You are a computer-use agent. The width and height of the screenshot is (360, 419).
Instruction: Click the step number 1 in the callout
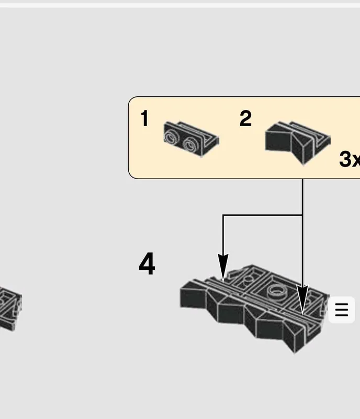(x=144, y=118)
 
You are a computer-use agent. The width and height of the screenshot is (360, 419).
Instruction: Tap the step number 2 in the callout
(x=245, y=118)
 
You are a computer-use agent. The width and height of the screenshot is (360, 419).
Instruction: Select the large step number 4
(x=147, y=263)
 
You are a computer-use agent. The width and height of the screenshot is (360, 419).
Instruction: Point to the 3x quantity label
(x=350, y=159)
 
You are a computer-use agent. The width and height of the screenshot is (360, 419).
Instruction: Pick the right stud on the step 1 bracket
(x=190, y=145)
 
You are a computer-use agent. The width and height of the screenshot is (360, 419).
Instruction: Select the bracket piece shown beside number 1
(x=191, y=139)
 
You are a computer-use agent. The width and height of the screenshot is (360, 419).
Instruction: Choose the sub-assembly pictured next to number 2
(x=298, y=143)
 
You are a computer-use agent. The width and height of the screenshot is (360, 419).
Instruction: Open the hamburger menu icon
(x=342, y=310)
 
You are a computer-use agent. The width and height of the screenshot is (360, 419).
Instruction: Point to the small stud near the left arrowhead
(x=248, y=280)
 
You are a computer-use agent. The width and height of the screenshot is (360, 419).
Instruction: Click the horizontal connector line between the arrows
(x=263, y=215)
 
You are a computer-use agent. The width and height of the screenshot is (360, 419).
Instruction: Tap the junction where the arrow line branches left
(x=302, y=215)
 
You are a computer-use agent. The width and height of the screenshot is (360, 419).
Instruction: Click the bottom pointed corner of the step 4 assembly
(x=294, y=352)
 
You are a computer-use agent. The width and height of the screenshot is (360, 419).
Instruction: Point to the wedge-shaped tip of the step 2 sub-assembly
(x=303, y=164)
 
